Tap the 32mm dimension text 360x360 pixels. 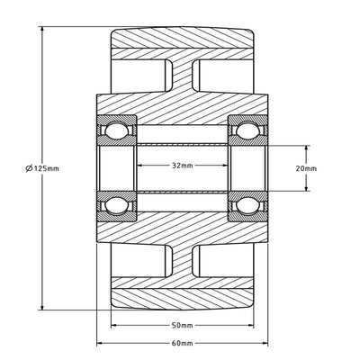182,165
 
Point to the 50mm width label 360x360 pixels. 182,325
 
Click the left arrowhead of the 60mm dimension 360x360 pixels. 99,343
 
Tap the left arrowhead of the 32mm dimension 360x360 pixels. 139,165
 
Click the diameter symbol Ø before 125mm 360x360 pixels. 32,168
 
